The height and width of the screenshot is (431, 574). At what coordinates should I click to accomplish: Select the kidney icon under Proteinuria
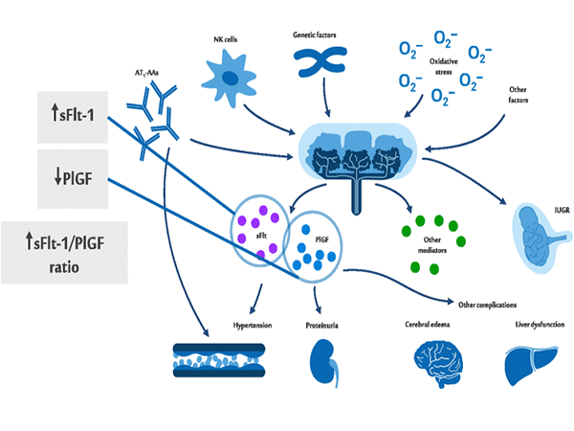pos(322,361)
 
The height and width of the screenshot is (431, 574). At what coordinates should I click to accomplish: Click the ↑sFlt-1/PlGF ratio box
pos(64,251)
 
